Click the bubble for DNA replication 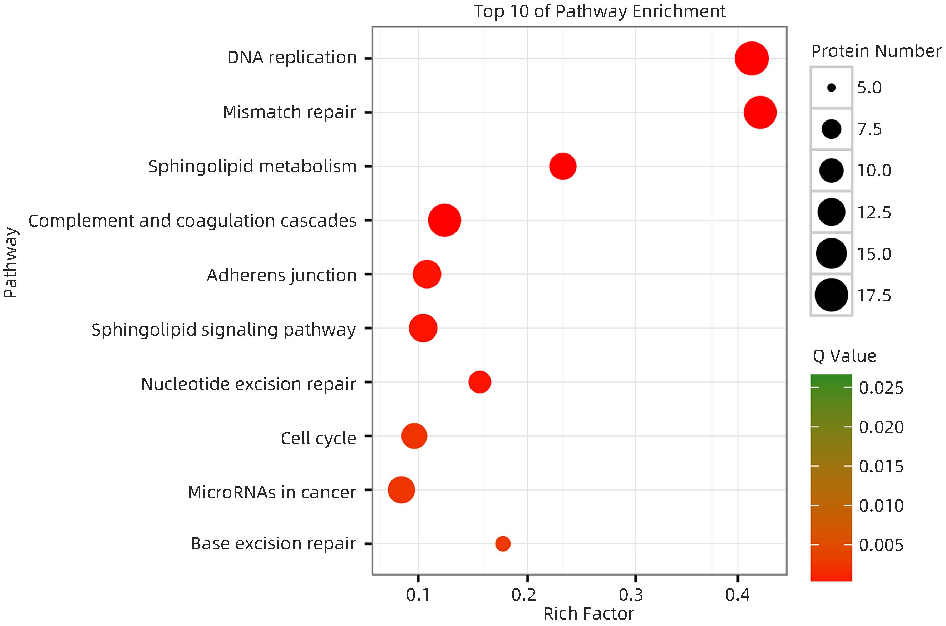click(751, 58)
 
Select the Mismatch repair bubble click(760, 113)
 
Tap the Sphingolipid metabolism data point click(562, 166)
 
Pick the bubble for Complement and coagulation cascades click(444, 220)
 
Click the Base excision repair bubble click(503, 543)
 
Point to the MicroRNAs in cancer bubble click(401, 489)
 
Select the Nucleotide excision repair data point click(479, 382)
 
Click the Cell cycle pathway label click(318, 438)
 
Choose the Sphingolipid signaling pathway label click(223, 330)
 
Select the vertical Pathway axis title click(11, 262)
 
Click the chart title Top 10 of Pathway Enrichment click(599, 11)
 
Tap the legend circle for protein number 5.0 click(832, 88)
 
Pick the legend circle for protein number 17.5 click(832, 295)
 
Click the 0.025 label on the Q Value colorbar click(881, 388)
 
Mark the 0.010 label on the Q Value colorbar click(881, 506)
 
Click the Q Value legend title click(844, 356)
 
